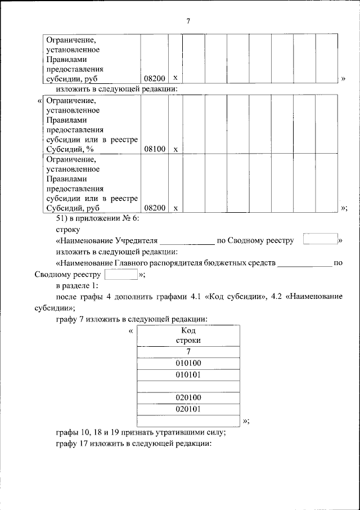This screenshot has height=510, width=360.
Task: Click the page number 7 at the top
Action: click(188, 21)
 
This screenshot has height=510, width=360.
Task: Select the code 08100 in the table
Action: click(154, 149)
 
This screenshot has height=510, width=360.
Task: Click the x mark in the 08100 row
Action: click(175, 149)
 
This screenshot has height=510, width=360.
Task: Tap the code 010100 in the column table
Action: click(188, 363)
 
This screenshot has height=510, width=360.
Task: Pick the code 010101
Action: click(188, 374)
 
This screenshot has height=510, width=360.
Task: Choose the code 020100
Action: click(188, 397)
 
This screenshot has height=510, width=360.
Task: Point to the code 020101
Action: click(188, 409)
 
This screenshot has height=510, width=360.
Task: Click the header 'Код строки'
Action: click(188, 335)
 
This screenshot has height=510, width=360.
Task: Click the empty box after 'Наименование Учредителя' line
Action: click(319, 239)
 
